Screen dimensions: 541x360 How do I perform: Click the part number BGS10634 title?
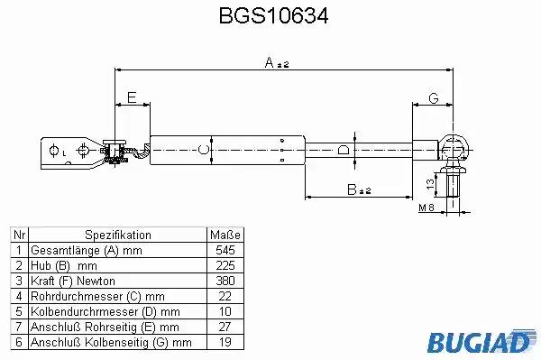pos(273,15)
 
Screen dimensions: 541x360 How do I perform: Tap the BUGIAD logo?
pos(481,342)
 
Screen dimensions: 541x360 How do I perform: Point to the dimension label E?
pos(132,97)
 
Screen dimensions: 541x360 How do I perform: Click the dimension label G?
pos(434,98)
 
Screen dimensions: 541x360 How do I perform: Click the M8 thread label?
pos(426,208)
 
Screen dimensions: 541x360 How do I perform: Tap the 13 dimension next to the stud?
pos(430,184)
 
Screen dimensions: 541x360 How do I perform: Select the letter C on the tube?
pos(204,150)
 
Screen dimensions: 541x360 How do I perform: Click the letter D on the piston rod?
pos(344,150)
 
